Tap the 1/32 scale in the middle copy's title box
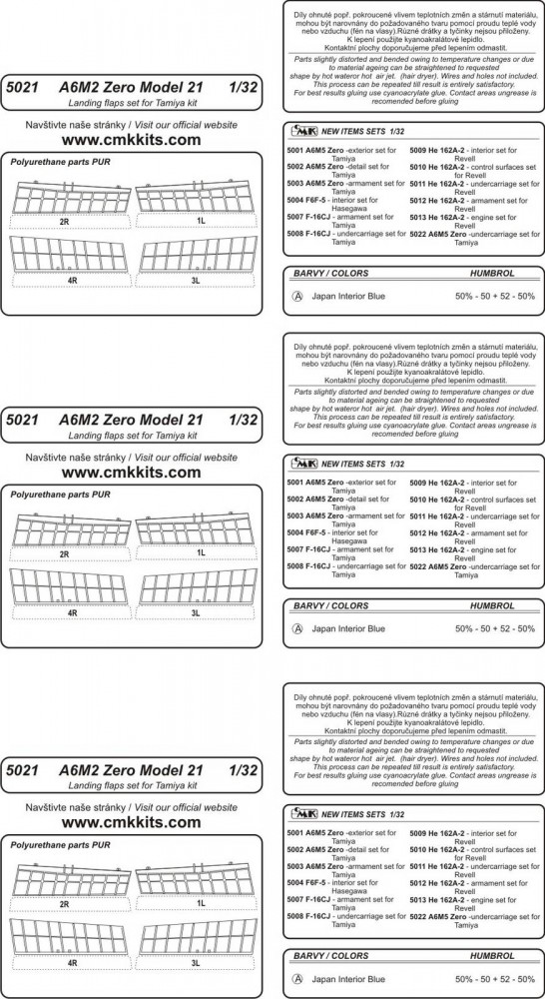(242, 420)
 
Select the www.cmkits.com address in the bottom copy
(131, 822)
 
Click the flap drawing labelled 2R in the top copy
(71, 199)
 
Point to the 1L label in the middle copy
(201, 552)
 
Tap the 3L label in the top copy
(196, 280)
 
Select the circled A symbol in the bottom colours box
(296, 979)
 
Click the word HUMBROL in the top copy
(492, 274)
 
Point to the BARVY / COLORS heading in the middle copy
(331, 606)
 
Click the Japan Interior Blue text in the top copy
(348, 297)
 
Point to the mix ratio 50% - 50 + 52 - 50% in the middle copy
(495, 628)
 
